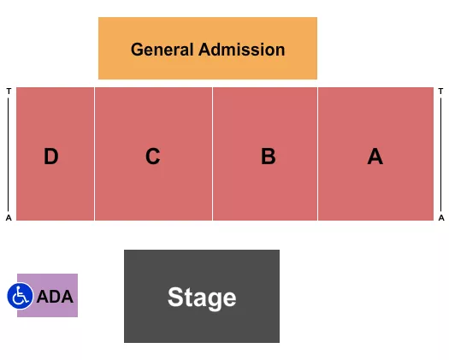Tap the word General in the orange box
[x=162, y=50]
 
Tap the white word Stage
[x=202, y=298]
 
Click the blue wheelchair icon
[x=20, y=296]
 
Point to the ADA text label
[x=55, y=298]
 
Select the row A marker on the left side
[x=9, y=218]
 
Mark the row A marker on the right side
[x=441, y=218]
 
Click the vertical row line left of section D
[x=9, y=154]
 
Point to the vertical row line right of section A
[x=441, y=154]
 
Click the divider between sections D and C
[x=94, y=154]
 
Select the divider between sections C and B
[x=212, y=154]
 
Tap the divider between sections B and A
[x=317, y=154]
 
